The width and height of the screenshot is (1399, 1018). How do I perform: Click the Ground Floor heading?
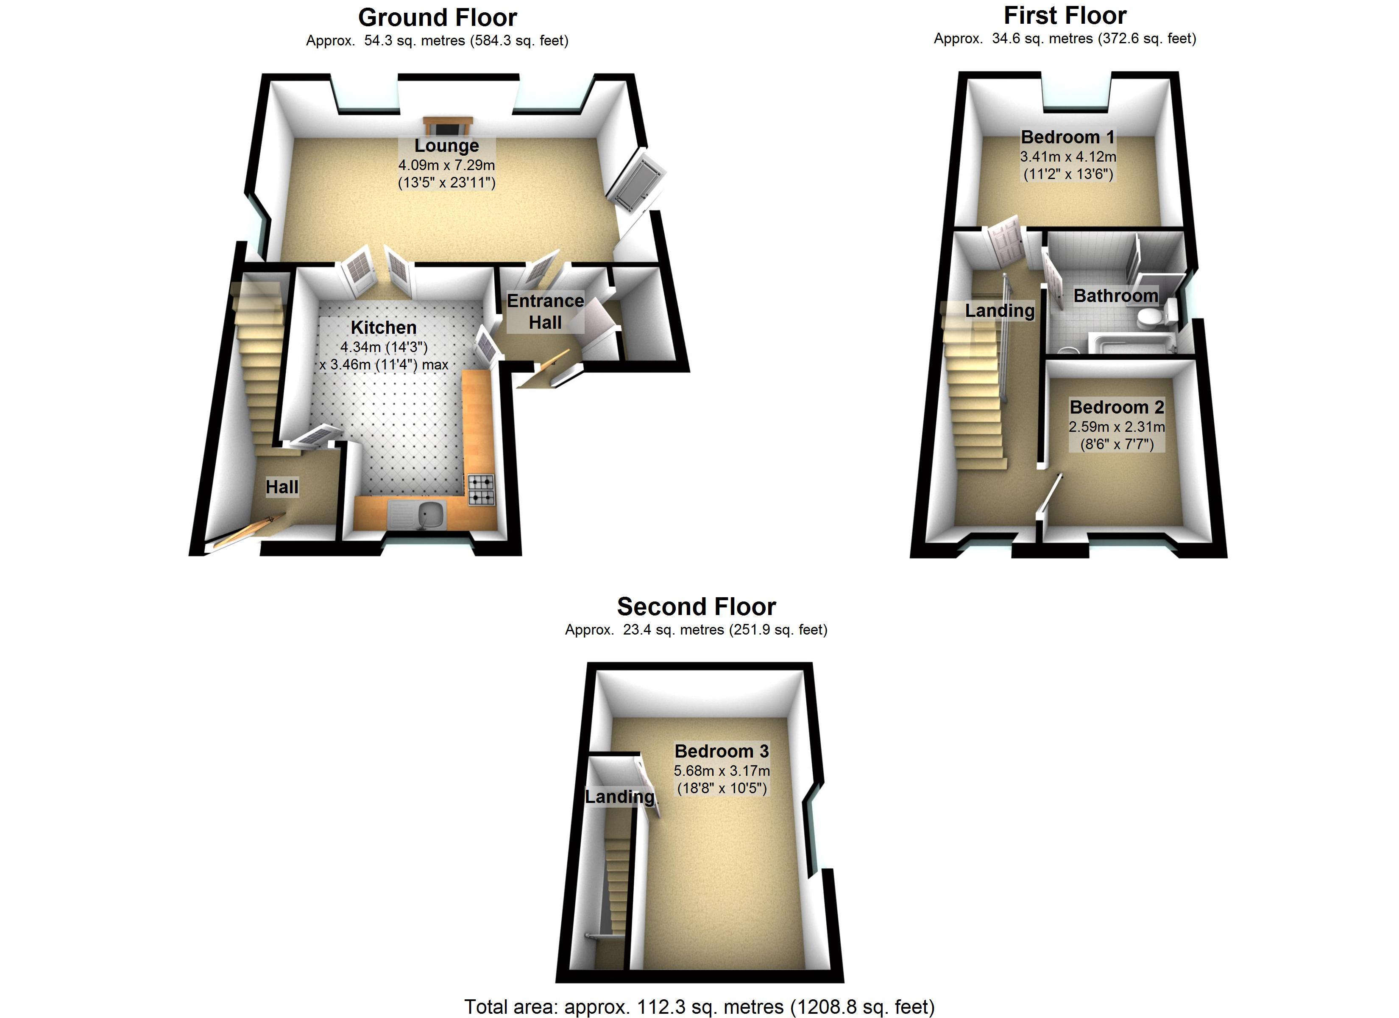click(x=438, y=18)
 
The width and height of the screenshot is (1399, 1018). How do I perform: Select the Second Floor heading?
click(x=697, y=607)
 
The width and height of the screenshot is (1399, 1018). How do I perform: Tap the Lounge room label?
click(x=446, y=145)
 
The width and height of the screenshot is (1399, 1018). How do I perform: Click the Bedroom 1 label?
click(x=1068, y=137)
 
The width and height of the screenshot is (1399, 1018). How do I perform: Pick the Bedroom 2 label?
click(x=1117, y=408)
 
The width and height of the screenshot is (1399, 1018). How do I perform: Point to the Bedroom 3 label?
click(x=722, y=751)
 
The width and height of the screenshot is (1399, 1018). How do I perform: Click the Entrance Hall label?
click(x=545, y=312)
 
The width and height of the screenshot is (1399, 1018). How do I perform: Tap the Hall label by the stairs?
click(x=282, y=487)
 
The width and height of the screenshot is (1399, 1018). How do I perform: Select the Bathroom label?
click(x=1115, y=296)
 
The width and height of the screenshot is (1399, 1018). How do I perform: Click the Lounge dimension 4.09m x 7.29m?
click(x=446, y=165)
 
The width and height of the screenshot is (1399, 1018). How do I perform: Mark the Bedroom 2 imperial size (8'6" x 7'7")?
click(x=1117, y=444)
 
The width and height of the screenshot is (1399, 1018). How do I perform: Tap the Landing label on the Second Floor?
click(x=619, y=797)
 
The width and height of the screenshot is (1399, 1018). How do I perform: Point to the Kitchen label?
click(x=384, y=328)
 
